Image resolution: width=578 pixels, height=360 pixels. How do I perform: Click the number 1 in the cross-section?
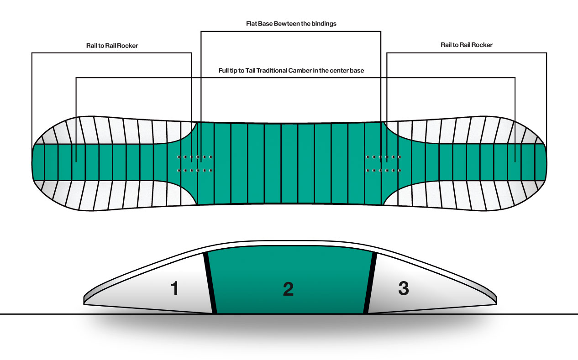tap(174, 288)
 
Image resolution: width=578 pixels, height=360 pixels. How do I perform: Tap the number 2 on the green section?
tap(288, 289)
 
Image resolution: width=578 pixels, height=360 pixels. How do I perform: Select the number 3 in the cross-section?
tap(403, 288)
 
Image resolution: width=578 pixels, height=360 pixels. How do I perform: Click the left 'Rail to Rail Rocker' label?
tap(112, 46)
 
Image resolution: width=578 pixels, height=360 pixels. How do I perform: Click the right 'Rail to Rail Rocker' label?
tap(467, 45)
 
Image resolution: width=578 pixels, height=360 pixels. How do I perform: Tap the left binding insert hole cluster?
tap(194, 164)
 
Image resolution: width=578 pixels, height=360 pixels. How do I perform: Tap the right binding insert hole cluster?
tap(384, 164)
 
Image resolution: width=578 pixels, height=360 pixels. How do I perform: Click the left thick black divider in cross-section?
tap(210, 283)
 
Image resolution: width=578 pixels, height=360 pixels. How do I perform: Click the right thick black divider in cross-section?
tap(370, 283)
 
